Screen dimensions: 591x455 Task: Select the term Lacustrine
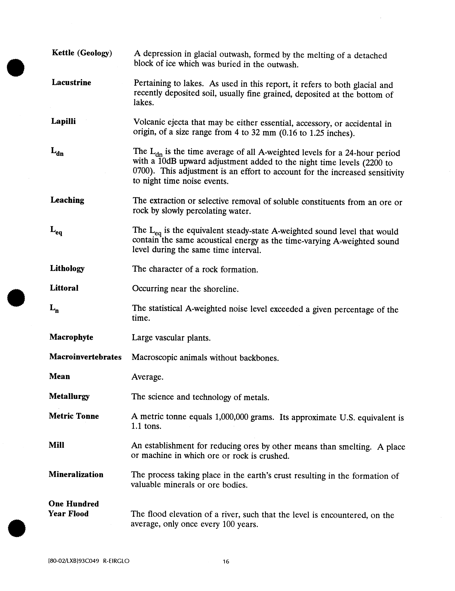tap(71, 83)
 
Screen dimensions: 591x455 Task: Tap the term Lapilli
tap(64, 121)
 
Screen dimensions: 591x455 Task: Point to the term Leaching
tap(67, 200)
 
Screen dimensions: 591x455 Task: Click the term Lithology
tap(67, 269)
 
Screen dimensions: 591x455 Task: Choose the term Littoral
tap(64, 288)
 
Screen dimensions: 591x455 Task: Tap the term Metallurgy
tap(69, 396)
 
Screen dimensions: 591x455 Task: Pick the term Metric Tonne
tap(74, 416)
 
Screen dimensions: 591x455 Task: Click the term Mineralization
tap(76, 475)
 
